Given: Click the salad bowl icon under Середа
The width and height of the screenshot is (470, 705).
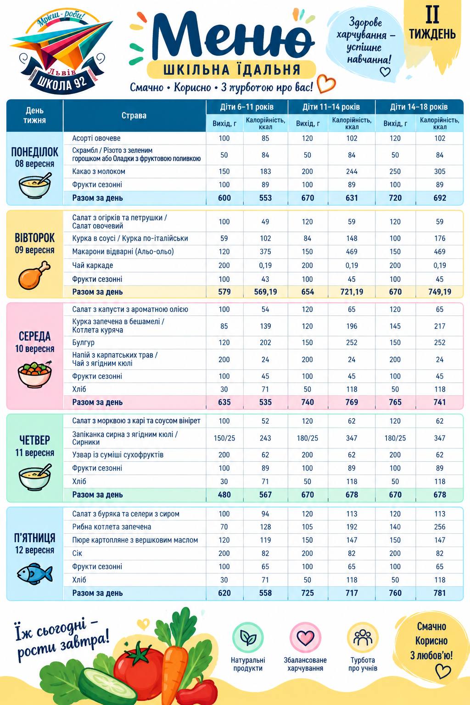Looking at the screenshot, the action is [34, 375].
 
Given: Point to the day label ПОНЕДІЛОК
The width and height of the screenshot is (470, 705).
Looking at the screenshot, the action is [34, 152].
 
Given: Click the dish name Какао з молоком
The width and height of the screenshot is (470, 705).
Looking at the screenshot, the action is [99, 172].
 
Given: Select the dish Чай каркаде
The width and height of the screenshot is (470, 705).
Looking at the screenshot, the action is [93, 265].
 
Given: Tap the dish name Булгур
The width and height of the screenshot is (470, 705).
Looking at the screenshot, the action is [83, 342].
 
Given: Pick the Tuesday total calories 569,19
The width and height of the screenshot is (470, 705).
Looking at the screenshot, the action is [265, 292].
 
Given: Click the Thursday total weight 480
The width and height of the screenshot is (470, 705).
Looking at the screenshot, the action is [224, 495].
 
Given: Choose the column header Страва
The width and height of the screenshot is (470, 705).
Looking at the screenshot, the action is [134, 116].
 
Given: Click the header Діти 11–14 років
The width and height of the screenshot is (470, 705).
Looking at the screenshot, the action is [331, 107].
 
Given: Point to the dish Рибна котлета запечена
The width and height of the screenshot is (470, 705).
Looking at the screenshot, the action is [112, 527].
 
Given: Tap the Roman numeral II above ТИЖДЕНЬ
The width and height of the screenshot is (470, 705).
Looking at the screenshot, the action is [432, 15].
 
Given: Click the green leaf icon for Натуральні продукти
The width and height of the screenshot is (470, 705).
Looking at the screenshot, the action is [248, 638].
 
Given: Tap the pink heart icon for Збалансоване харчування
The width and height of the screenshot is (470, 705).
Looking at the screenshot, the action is [305, 638].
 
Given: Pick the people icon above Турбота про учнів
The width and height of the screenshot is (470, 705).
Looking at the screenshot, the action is [363, 638].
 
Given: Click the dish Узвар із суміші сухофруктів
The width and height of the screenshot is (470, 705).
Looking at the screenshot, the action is [118, 455].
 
